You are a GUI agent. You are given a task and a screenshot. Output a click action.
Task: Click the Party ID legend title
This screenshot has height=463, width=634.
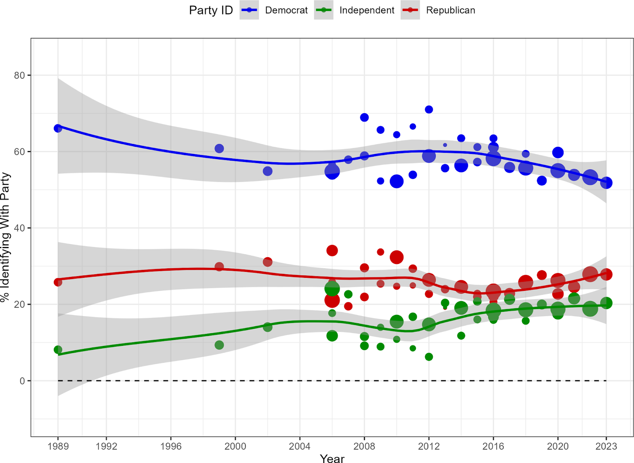(211, 10)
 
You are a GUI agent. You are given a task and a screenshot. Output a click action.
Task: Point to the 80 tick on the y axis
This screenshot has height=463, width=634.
(19, 75)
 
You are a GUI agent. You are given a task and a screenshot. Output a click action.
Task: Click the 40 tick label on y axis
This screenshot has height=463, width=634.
(19, 228)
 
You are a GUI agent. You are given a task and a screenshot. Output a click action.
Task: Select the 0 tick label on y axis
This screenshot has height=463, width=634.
(22, 381)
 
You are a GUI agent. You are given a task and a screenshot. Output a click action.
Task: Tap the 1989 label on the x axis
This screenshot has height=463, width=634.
(58, 446)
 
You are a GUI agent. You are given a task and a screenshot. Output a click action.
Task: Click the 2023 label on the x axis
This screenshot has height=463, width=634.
(606, 446)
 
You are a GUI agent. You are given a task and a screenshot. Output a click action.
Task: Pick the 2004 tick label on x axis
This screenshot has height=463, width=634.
(300, 446)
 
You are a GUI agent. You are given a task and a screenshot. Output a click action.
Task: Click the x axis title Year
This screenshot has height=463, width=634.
(332, 458)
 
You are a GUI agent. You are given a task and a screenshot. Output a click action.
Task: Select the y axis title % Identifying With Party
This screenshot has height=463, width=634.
(6, 237)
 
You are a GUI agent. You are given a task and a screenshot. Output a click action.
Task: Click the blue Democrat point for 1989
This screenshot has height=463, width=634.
(58, 128)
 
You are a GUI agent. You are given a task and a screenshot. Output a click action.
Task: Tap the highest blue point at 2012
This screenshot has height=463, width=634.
(429, 110)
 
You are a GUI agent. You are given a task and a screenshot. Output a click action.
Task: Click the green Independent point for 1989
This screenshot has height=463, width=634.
(58, 350)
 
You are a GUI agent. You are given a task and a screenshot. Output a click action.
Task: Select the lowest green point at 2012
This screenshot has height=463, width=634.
(429, 357)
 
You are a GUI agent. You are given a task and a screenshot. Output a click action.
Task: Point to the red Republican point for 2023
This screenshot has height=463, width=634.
(606, 274)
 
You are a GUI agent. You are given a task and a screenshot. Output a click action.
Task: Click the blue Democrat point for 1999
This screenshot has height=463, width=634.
(219, 148)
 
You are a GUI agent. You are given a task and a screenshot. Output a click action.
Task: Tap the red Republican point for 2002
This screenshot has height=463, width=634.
(267, 262)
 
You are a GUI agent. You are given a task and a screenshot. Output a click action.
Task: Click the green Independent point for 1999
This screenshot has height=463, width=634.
(219, 345)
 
